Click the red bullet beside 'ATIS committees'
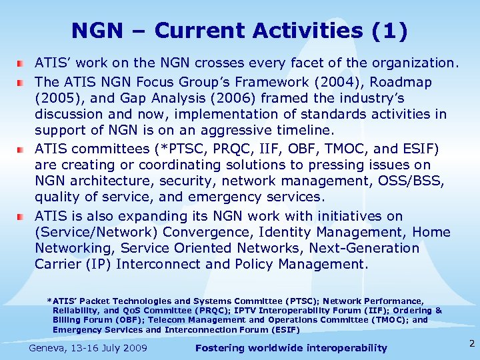[x=21, y=148]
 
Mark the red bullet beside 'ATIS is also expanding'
[x=21, y=216]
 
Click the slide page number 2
[x=471, y=344]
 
